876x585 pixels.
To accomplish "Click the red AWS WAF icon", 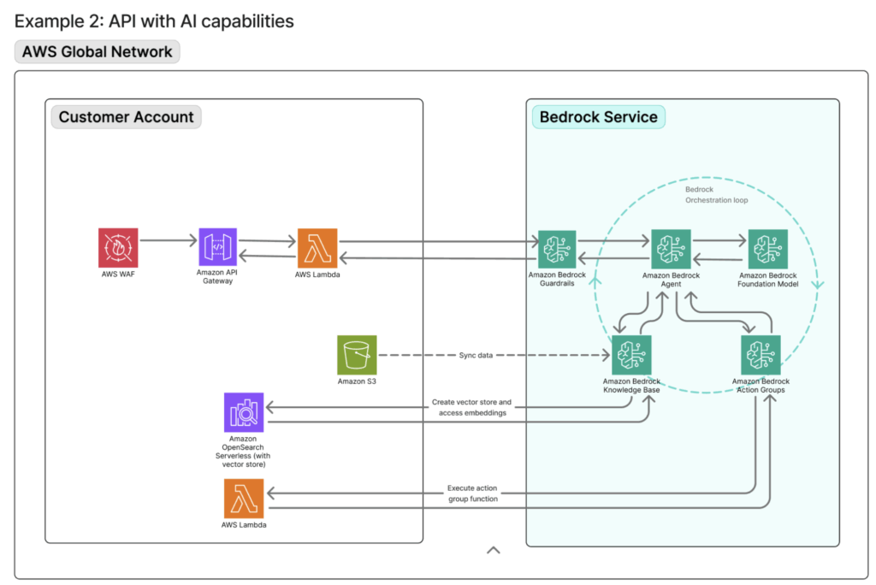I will [118, 247].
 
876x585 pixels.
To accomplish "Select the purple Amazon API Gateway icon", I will [218, 247].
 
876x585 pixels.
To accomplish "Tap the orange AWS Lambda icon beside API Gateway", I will [317, 247].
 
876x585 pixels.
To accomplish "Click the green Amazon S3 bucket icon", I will [357, 354].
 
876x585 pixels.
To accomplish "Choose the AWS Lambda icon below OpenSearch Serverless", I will [244, 498].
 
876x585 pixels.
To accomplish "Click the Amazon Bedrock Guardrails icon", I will [557, 249].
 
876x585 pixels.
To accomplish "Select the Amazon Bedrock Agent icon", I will [671, 249].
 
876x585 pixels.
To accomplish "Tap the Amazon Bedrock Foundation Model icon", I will [767, 249].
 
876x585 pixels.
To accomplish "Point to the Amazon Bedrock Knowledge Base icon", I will [631, 354].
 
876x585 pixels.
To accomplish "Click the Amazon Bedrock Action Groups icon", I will [761, 354].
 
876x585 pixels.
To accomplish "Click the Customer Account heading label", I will [126, 117].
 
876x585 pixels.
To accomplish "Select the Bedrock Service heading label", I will [598, 117].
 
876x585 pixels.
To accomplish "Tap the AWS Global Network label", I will [97, 51].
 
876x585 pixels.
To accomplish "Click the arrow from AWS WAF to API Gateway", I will [168, 241].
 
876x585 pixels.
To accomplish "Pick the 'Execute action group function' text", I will [472, 493].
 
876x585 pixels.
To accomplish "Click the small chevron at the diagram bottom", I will [493, 550].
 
